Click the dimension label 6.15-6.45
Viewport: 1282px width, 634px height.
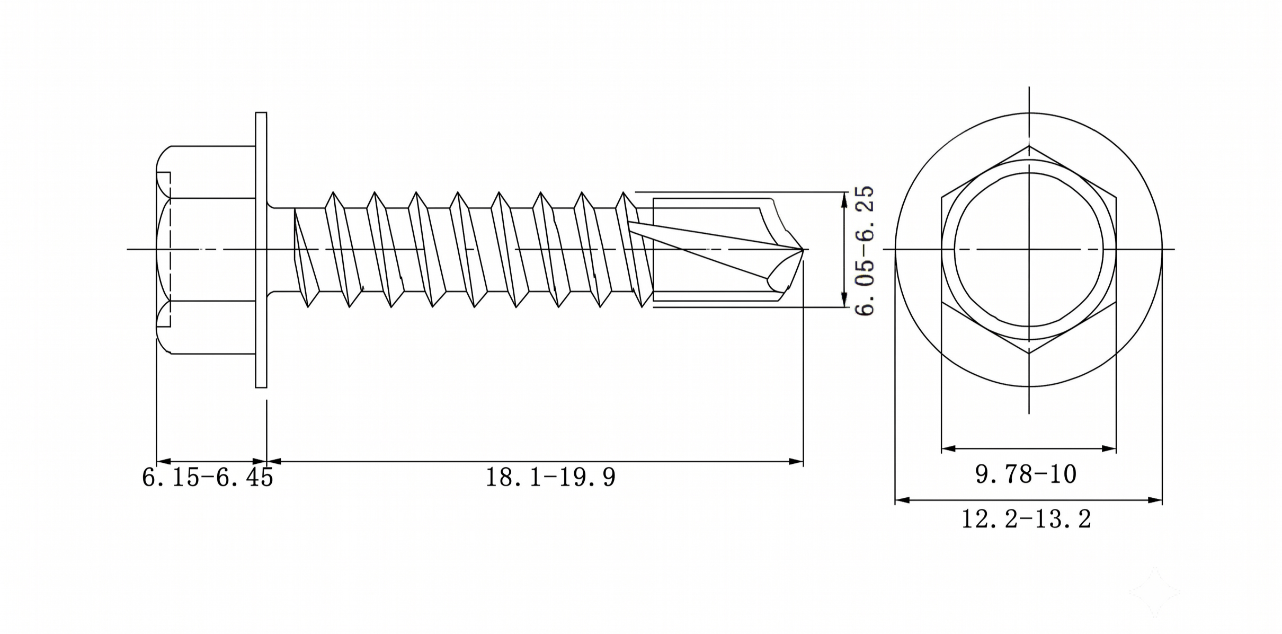pos(207,477)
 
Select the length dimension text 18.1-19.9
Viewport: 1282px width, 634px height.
pos(550,477)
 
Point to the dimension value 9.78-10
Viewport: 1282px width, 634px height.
pos(1026,474)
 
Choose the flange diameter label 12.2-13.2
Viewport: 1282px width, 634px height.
pos(1026,519)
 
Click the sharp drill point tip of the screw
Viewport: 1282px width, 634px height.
pos(803,249)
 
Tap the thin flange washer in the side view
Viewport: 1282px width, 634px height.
pos(261,250)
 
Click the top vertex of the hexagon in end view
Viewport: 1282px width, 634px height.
pos(1029,146)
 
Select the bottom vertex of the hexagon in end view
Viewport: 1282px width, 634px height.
pos(1029,353)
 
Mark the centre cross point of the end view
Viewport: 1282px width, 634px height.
pos(1029,249)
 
